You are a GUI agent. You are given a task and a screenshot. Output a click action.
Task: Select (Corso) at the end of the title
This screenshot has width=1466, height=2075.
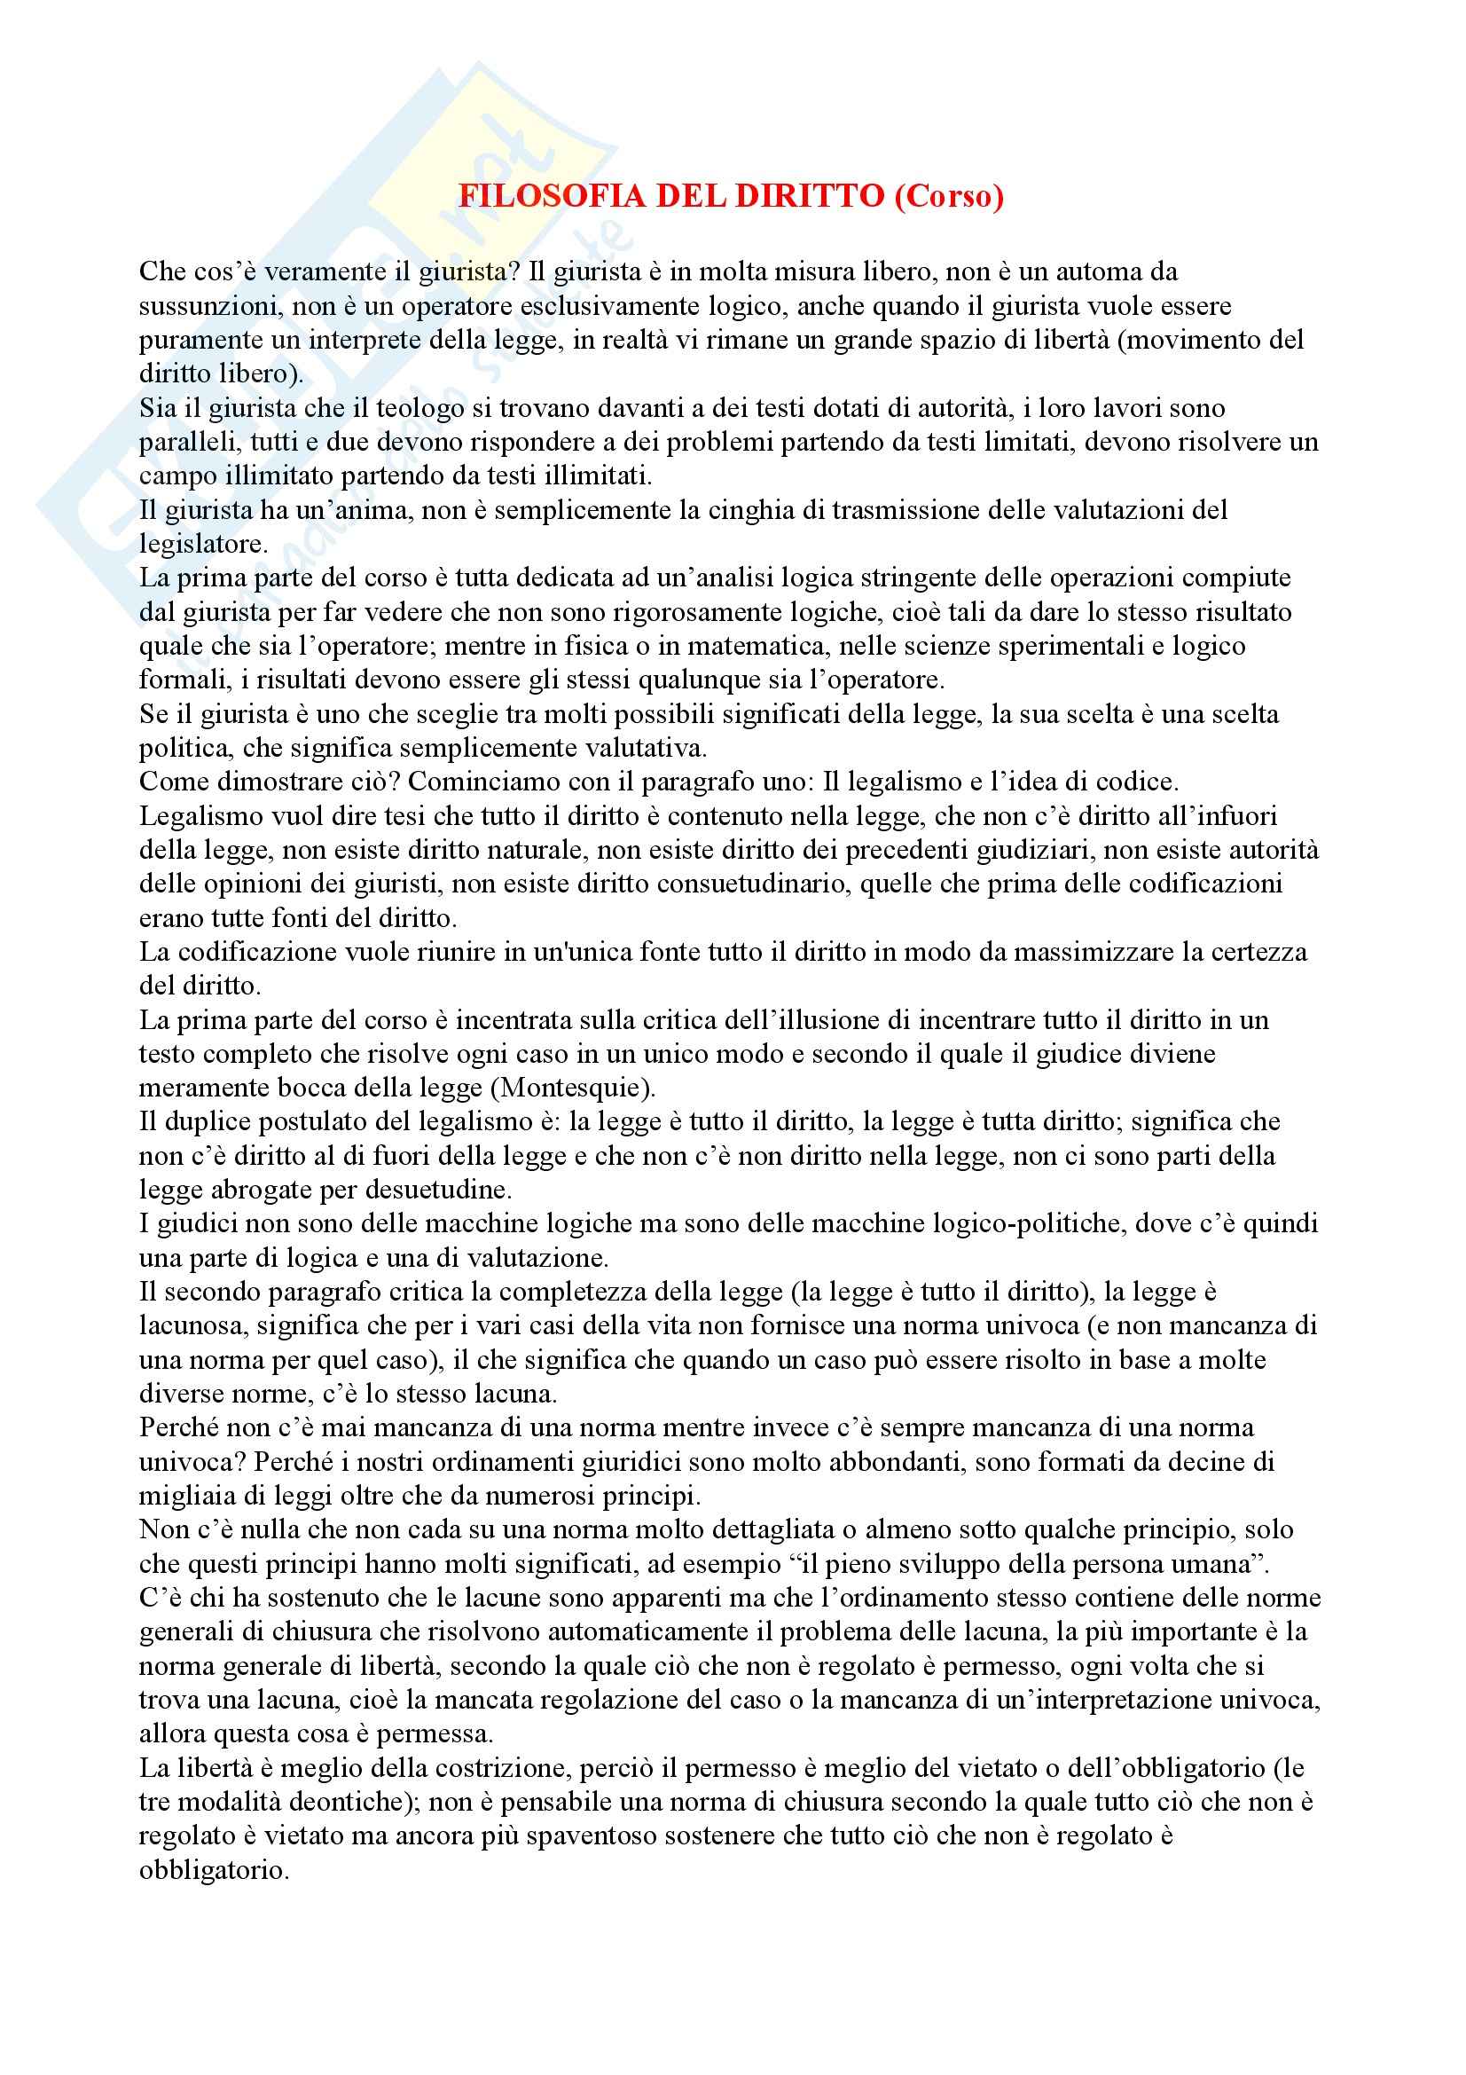coord(948,196)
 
